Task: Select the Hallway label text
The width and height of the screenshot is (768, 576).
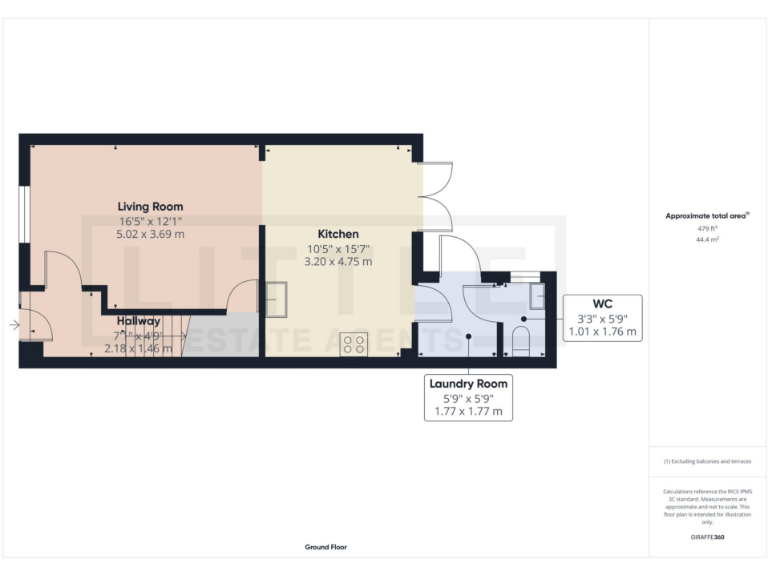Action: coord(137,321)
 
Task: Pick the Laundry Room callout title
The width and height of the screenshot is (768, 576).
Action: coord(468,384)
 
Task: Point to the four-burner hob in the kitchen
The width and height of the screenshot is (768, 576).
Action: coord(354,344)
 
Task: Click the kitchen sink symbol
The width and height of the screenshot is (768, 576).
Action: coord(276,299)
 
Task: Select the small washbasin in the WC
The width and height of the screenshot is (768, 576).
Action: coord(537,297)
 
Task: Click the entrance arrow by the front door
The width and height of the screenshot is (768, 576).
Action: coord(13,325)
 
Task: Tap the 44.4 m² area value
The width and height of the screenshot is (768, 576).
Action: coord(708,240)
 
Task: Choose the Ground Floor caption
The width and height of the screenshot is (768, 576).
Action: coord(326,547)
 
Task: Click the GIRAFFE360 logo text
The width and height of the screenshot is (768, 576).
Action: coord(708,538)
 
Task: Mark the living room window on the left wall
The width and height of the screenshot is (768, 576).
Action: coord(22,213)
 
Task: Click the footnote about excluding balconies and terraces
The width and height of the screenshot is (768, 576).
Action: coord(708,461)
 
